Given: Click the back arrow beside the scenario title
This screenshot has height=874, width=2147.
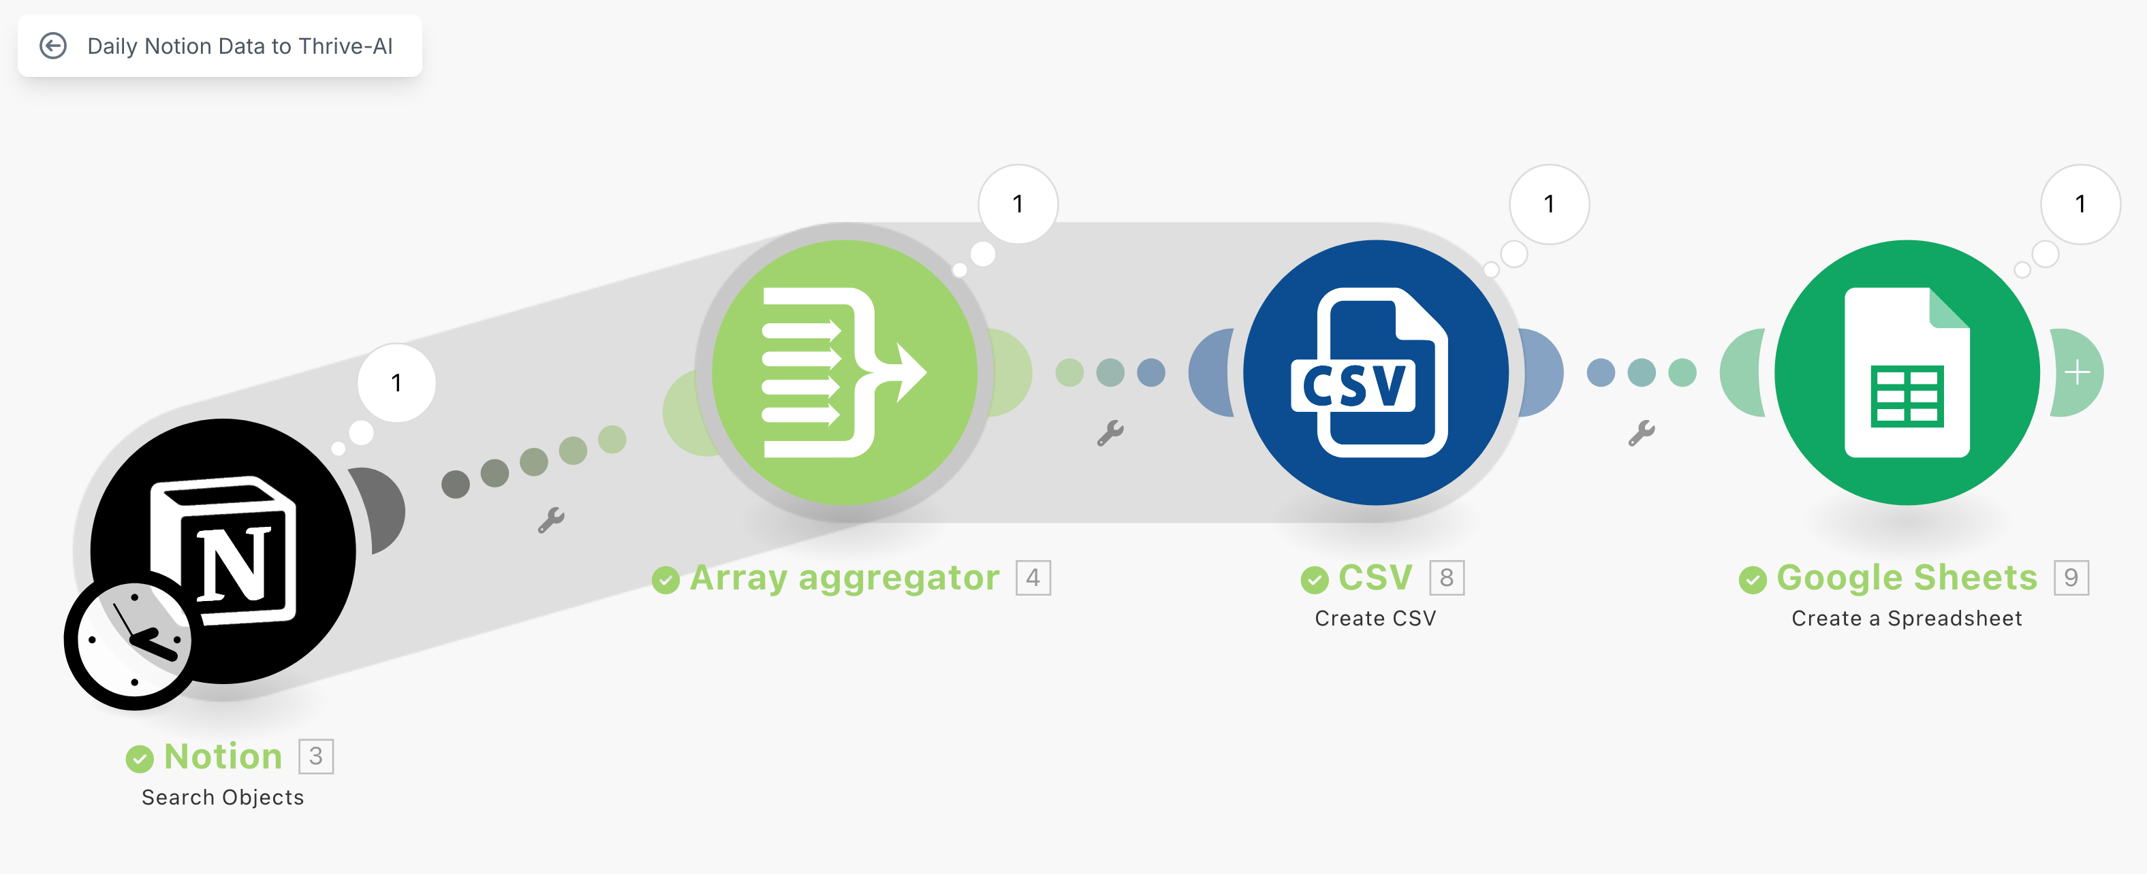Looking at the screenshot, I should (x=53, y=46).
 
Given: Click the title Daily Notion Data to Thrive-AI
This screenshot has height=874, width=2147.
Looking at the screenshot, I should (x=239, y=46).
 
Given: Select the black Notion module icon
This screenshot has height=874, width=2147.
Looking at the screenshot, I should (x=242, y=533).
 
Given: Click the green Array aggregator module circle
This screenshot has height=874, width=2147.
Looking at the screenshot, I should (x=845, y=372).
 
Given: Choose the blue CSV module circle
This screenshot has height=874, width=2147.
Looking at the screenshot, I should (x=1375, y=372).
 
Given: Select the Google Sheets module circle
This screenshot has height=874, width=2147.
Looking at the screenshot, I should (x=1907, y=372).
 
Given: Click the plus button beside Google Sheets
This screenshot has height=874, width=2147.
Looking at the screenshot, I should (x=2078, y=372).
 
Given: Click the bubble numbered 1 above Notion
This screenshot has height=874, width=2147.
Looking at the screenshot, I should (x=396, y=383).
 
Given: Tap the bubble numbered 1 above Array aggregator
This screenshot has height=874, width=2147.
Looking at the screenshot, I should (x=1018, y=204).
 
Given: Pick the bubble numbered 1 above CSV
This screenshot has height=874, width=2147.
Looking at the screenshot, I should (x=1548, y=204).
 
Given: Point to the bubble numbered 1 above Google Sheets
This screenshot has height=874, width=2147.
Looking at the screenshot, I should (x=2080, y=204).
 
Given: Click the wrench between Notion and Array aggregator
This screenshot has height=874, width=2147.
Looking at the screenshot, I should (x=551, y=521).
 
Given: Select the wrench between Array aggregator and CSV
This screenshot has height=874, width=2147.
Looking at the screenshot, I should (x=1110, y=433).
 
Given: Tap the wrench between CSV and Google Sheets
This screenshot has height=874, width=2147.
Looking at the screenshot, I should (x=1641, y=433).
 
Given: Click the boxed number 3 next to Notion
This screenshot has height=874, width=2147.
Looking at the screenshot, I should (x=316, y=756).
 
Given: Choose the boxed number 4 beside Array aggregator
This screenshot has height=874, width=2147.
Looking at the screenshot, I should (x=1033, y=577).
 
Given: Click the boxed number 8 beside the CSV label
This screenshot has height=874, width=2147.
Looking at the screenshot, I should (x=1446, y=577).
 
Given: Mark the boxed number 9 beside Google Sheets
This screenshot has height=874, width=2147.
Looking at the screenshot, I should (x=2070, y=577).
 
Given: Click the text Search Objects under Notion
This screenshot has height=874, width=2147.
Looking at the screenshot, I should (x=223, y=797).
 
